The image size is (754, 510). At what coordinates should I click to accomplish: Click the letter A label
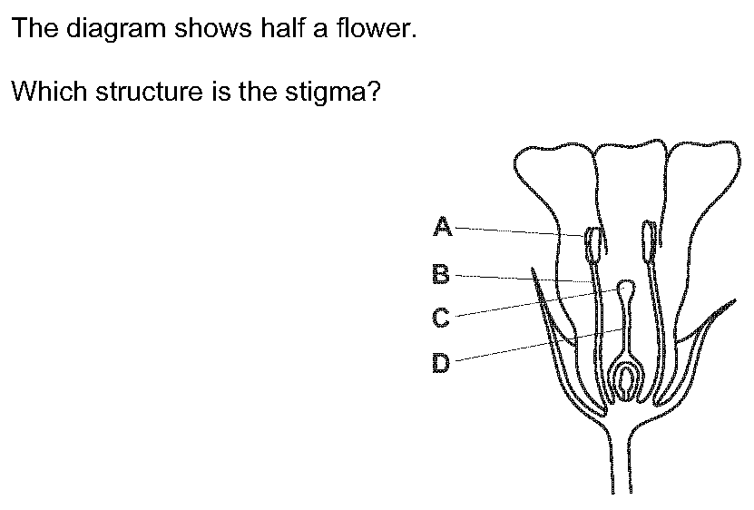[x=442, y=226]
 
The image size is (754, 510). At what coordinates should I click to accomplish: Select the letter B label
[x=441, y=272]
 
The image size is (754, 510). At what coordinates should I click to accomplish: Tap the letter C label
[x=441, y=318]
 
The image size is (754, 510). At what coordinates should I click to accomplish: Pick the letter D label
[x=441, y=364]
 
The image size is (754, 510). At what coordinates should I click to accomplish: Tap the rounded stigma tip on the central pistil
[x=625, y=289]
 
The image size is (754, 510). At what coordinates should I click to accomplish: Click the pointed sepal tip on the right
[x=731, y=303]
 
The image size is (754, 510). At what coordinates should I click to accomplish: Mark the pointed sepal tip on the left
[x=534, y=271]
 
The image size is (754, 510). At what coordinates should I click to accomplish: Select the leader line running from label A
[x=517, y=230]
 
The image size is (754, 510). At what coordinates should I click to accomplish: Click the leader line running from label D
[x=526, y=347]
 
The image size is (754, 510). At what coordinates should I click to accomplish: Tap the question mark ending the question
[x=370, y=92]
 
